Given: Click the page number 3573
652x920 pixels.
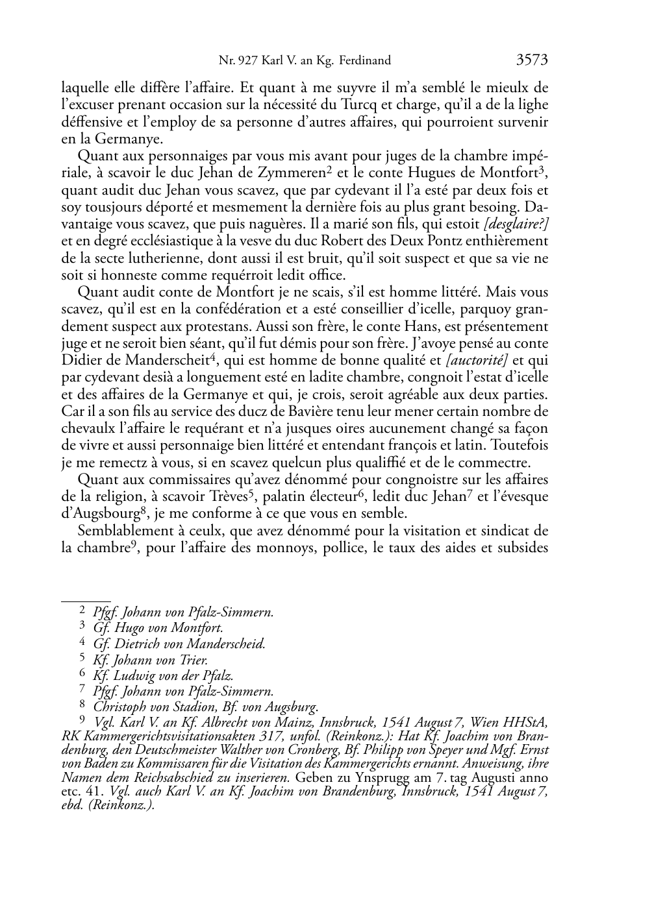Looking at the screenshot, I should click(x=532, y=61).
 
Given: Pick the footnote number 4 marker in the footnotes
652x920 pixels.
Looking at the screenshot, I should click(x=82, y=643).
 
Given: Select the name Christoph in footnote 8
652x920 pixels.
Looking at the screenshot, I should click(x=121, y=707).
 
